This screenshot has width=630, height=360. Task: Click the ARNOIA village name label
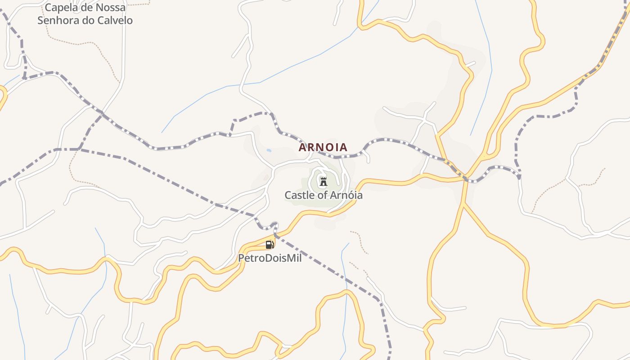click(x=323, y=147)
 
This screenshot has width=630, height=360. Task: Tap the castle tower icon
click(x=323, y=182)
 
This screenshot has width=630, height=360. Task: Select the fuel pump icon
click(x=270, y=245)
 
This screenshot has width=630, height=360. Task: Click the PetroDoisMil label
click(x=270, y=258)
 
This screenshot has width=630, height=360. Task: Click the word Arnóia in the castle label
click(x=346, y=195)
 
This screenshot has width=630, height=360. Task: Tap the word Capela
click(x=60, y=8)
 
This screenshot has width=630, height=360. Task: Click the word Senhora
click(x=55, y=20)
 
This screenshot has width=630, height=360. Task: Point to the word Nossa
click(x=112, y=8)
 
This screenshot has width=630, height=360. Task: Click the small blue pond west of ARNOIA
click(x=269, y=150)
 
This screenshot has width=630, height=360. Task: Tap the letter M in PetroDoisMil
click(x=291, y=258)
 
